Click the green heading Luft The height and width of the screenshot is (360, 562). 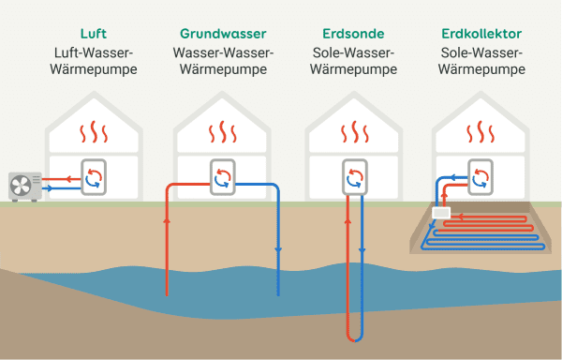point(94,34)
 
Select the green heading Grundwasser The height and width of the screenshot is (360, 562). point(223,34)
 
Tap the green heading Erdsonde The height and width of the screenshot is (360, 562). point(353,34)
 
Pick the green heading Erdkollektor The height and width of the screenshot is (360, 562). point(481,34)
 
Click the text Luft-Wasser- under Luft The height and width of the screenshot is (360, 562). point(94,52)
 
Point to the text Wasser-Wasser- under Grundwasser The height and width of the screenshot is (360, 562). point(223,52)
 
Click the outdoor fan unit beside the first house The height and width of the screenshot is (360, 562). point(25,186)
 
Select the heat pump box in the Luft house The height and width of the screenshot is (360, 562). point(95,177)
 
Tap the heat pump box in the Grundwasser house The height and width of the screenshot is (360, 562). point(223,177)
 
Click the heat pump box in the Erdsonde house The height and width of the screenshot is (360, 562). point(354,177)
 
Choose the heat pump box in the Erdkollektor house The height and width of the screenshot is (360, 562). point(481,177)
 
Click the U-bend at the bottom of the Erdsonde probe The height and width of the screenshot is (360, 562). point(354,337)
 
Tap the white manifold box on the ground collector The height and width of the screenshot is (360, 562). point(439,214)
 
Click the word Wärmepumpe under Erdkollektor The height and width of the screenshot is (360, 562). point(481,69)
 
